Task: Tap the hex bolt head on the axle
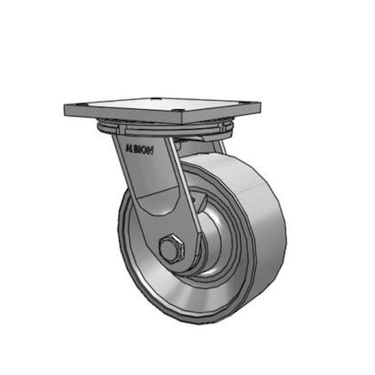[170, 248]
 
